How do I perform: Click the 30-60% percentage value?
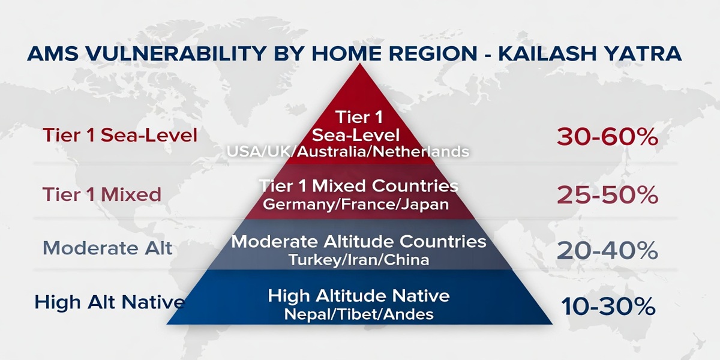(607, 137)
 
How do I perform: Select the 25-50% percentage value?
(607, 195)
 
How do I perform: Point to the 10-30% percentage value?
(607, 307)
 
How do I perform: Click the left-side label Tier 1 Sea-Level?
(120, 136)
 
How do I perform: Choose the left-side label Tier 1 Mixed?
(102, 194)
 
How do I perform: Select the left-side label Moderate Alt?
(108, 248)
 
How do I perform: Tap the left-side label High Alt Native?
(109, 302)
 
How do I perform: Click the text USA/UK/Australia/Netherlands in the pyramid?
(347, 152)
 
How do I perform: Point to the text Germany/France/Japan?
(356, 204)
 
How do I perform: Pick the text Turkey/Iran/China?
(359, 260)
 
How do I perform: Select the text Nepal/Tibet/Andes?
(359, 314)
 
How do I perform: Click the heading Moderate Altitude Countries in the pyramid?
(359, 242)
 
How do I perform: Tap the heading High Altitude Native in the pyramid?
(359, 296)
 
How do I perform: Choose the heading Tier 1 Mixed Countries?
(359, 185)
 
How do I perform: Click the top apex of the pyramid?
(359, 66)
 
